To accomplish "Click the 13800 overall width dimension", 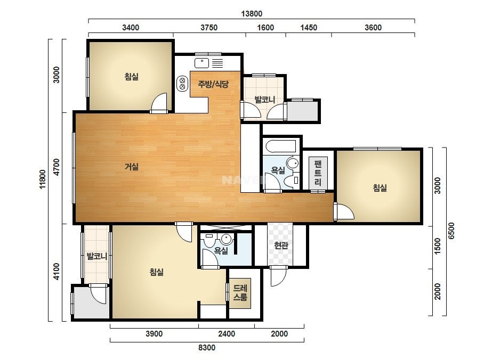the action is point(252,14).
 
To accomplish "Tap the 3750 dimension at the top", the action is point(209,28).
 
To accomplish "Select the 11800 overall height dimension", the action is point(43,179).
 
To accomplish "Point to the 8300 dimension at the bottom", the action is point(207,347).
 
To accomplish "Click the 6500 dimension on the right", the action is point(451,231).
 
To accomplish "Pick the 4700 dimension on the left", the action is point(57,167).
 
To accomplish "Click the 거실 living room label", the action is point(132,167).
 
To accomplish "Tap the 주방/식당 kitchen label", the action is point(213,84).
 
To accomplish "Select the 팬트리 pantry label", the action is point(318,173).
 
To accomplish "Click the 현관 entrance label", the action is point(281,245).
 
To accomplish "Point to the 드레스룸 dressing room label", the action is point(240,292).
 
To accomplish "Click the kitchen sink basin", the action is point(202,63).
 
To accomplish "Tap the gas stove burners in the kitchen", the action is point(182,84).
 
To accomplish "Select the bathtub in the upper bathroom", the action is point(280,146).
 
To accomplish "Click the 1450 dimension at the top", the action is point(309,28).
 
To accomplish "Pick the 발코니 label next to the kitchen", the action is point(265,100).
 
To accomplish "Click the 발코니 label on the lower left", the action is point(97,256).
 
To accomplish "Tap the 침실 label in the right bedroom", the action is point(380,188).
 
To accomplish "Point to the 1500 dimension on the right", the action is point(438,246).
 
